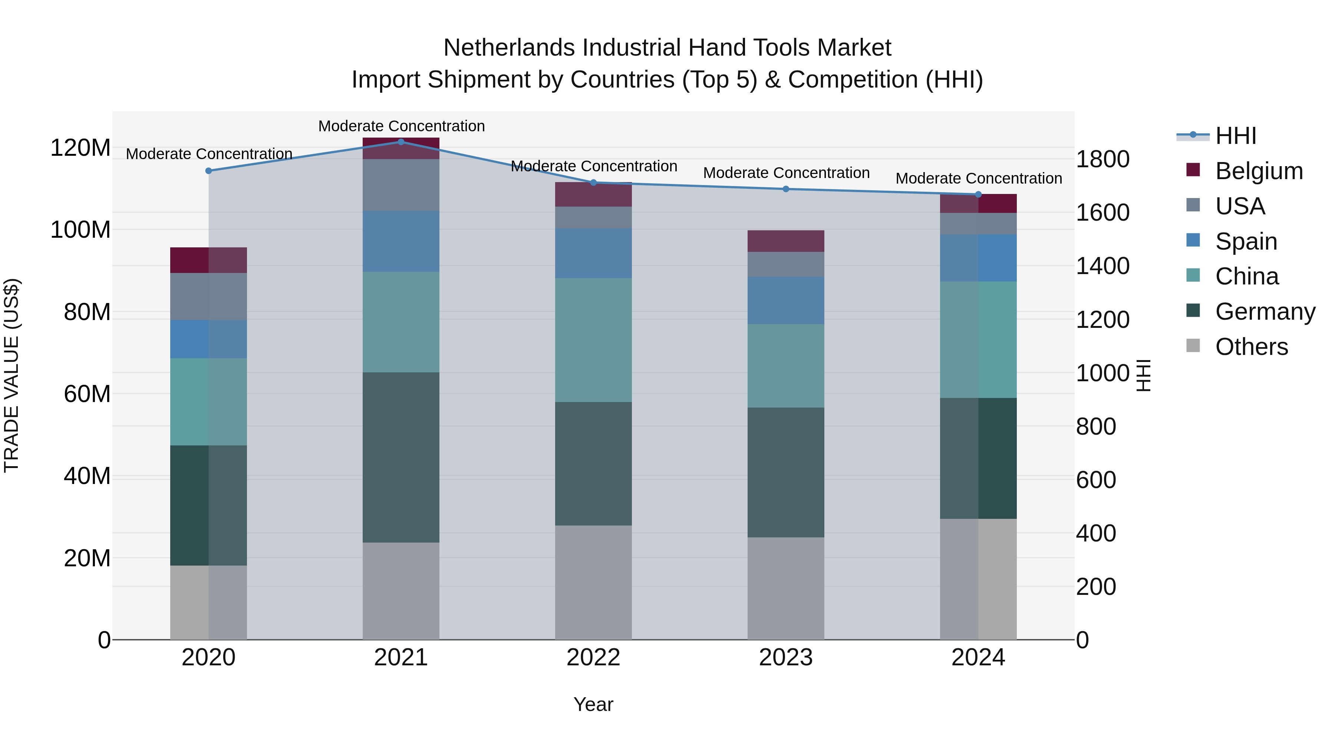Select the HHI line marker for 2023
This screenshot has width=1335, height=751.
(786, 189)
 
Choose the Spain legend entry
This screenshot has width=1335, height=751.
(1246, 241)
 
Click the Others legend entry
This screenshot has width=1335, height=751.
(1251, 347)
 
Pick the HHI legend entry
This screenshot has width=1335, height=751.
(1236, 136)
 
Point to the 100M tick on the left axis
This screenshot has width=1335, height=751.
(80, 230)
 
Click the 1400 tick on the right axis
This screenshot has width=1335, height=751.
(1103, 266)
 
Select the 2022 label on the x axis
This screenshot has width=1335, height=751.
(593, 658)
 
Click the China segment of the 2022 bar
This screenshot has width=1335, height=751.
(593, 340)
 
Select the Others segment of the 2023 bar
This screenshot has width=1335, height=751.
(786, 588)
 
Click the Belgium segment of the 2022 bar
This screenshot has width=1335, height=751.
(593, 194)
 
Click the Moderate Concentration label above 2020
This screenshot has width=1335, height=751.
(209, 154)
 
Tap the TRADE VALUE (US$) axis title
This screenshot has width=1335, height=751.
(11, 375)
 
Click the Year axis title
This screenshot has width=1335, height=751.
(593, 704)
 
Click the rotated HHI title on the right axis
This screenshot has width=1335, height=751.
(1143, 375)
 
